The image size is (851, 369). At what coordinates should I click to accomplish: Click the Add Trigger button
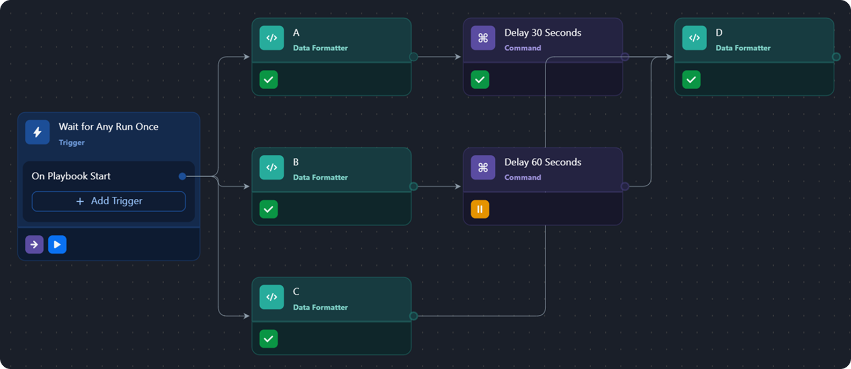pyautogui.click(x=108, y=201)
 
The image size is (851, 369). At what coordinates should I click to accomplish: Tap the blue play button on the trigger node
pyautogui.click(x=57, y=244)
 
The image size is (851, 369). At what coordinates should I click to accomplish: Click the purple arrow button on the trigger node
pyautogui.click(x=34, y=244)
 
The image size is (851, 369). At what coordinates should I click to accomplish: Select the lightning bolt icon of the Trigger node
pyautogui.click(x=37, y=132)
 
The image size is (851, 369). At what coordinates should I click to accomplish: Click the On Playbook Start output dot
pyautogui.click(x=182, y=176)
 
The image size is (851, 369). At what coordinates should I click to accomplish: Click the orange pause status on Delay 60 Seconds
pyautogui.click(x=480, y=209)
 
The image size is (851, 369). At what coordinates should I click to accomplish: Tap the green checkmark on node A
pyautogui.click(x=269, y=79)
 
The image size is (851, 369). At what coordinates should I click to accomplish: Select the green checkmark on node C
pyautogui.click(x=269, y=338)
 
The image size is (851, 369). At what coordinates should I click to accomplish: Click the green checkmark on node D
pyautogui.click(x=691, y=79)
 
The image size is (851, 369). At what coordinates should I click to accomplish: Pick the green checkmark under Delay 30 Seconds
pyautogui.click(x=480, y=79)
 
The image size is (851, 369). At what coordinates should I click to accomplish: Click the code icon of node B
pyautogui.click(x=272, y=168)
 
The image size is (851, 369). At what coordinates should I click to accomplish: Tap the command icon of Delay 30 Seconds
pyautogui.click(x=483, y=38)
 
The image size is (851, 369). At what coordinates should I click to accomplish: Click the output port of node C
pyautogui.click(x=414, y=316)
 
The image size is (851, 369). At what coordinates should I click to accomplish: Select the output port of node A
pyautogui.click(x=414, y=57)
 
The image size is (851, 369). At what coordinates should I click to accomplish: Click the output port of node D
pyautogui.click(x=836, y=57)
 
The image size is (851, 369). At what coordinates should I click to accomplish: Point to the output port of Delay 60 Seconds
pyautogui.click(x=625, y=186)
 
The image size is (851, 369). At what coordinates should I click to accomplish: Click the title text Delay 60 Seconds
pyautogui.click(x=542, y=162)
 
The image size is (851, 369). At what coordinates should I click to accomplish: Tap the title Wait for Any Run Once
pyautogui.click(x=108, y=127)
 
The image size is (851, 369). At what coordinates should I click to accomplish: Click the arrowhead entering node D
pyautogui.click(x=669, y=57)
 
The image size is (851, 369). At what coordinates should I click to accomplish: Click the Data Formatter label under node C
pyautogui.click(x=320, y=307)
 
